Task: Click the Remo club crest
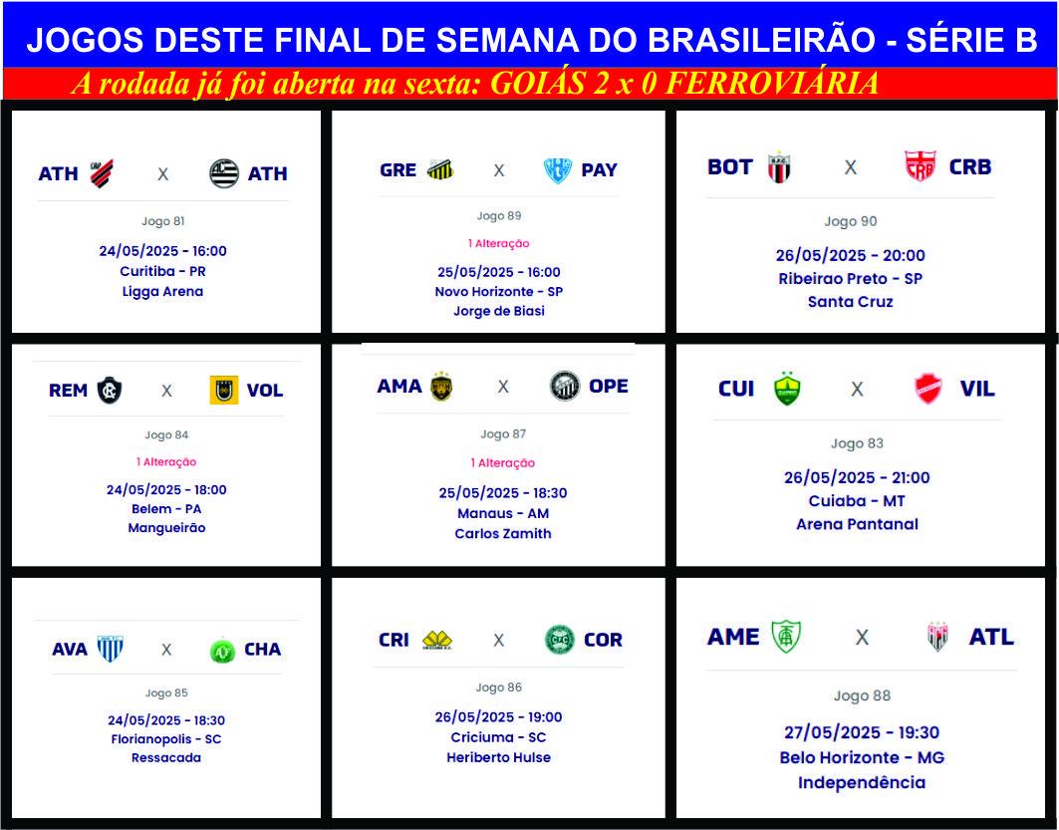click(109, 390)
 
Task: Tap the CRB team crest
click(920, 166)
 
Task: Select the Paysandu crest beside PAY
click(558, 170)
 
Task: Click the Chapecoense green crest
click(222, 650)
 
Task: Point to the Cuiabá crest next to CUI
click(787, 389)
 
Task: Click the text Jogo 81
click(162, 221)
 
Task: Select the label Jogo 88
click(862, 695)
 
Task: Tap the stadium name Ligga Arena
click(162, 291)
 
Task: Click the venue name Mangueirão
click(166, 527)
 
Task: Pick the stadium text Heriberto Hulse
click(498, 757)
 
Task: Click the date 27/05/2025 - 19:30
click(862, 732)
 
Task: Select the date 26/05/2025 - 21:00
click(857, 477)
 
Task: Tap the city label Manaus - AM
click(503, 513)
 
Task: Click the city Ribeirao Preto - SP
click(851, 278)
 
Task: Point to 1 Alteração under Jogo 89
click(498, 243)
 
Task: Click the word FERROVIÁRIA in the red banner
click(772, 83)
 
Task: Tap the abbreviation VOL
click(265, 391)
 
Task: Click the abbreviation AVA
click(70, 649)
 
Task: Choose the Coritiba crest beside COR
click(559, 640)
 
